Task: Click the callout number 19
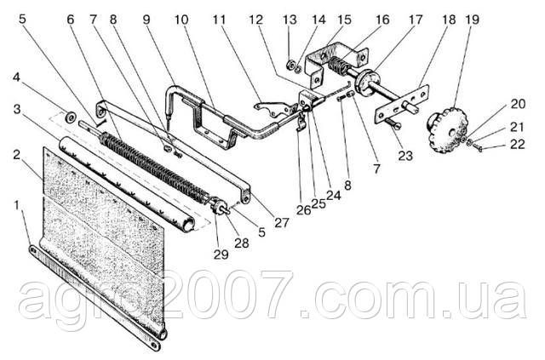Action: point(473,20)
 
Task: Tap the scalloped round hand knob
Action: point(447,131)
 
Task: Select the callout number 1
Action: point(16,206)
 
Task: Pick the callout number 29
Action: point(221,254)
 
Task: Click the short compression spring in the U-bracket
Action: point(336,65)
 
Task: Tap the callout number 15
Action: point(344,20)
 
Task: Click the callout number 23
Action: point(405,156)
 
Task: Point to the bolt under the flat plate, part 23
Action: point(393,123)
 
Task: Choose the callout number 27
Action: point(281,222)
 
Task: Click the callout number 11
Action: point(219,20)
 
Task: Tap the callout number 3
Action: point(17,109)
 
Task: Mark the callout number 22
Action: point(517,144)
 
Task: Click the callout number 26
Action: point(303,209)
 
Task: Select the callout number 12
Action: point(255,20)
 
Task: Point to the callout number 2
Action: point(17,155)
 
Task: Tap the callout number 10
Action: point(181,20)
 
